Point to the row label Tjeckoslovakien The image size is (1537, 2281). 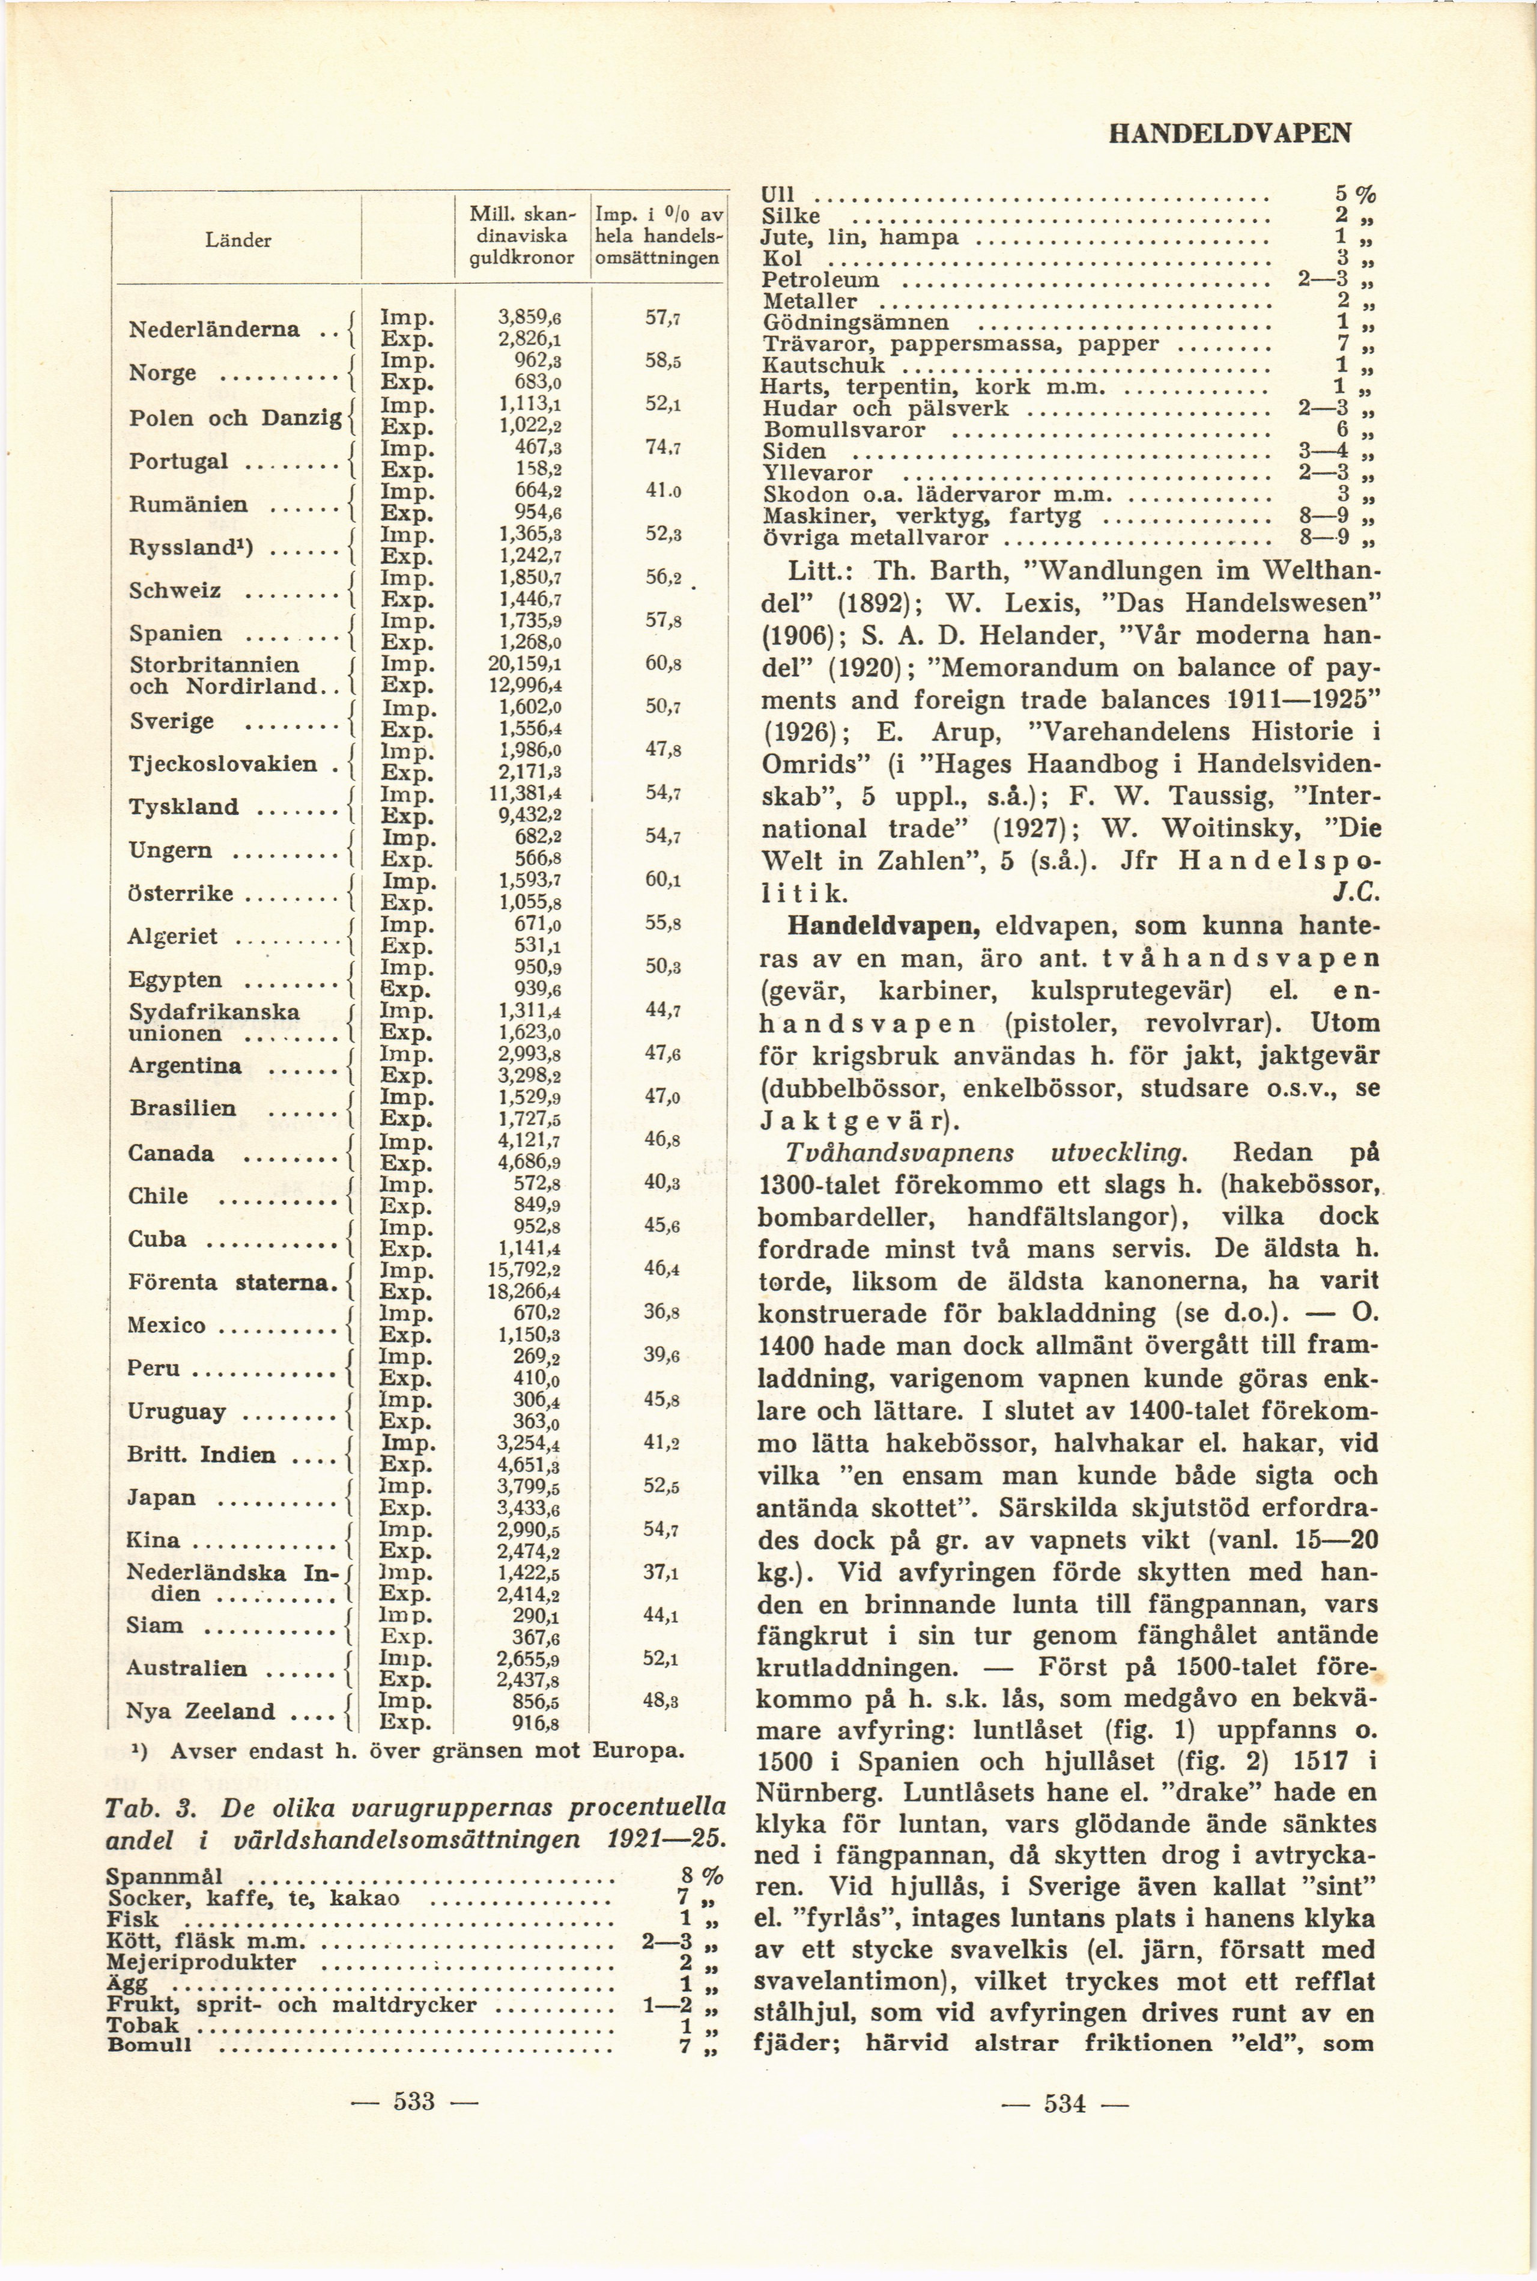pos(222,764)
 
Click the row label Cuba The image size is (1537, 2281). pos(157,1238)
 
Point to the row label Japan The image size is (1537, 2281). pos(162,1497)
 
